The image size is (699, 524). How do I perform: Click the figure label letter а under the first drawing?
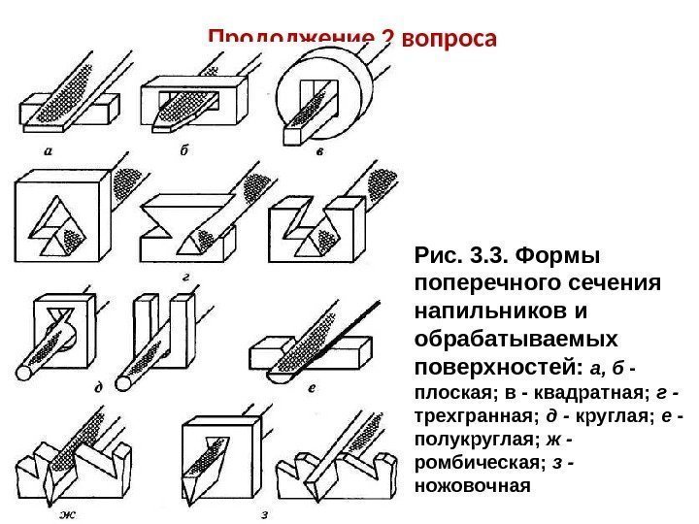[48, 150]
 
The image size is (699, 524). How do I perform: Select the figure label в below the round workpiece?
[318, 152]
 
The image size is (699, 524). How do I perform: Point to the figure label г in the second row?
[183, 277]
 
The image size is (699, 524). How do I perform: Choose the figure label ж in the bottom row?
[69, 513]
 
